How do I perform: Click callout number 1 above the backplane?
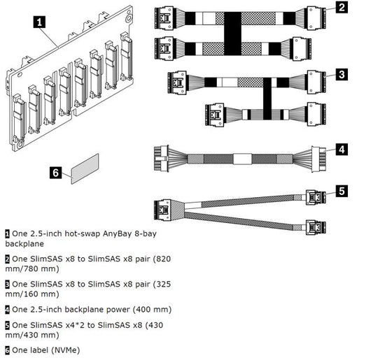41,22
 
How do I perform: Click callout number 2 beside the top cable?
341,8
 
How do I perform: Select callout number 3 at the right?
341,73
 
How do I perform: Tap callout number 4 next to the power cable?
341,148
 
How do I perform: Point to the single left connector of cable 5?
164,208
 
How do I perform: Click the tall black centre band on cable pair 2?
233,33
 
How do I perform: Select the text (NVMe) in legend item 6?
65,349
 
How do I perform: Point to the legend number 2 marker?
8,259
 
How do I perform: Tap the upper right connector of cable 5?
316,198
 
